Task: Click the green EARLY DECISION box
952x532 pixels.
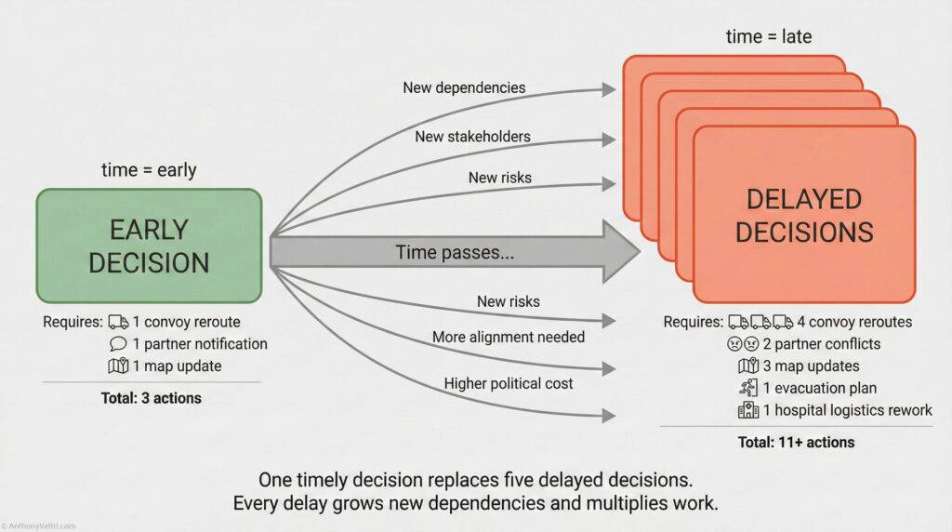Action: (x=149, y=246)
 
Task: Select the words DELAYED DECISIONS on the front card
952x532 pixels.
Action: (x=804, y=215)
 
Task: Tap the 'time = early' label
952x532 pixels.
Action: (x=149, y=170)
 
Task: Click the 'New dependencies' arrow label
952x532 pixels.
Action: (x=464, y=88)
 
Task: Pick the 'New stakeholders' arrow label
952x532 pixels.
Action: (x=473, y=137)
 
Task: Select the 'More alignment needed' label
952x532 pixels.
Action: (x=509, y=337)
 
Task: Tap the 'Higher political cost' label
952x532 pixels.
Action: (x=509, y=383)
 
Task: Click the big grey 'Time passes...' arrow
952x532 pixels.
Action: (x=456, y=252)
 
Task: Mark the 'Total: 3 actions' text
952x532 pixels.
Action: (x=151, y=398)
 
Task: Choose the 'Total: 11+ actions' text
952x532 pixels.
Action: (x=797, y=443)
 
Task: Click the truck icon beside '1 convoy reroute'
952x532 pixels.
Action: (x=118, y=322)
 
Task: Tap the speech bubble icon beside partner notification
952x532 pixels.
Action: (x=118, y=344)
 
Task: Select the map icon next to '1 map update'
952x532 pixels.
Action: (x=118, y=366)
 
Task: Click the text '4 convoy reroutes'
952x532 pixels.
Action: (x=854, y=322)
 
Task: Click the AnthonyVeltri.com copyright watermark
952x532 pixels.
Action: (x=42, y=525)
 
